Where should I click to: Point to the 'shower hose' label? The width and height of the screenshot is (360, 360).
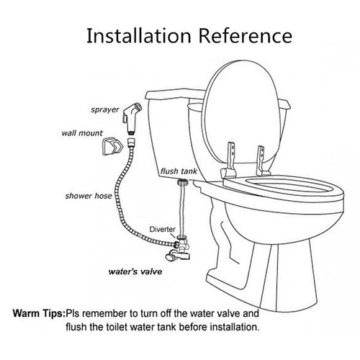(86, 195)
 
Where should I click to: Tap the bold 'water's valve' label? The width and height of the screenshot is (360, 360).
(132, 273)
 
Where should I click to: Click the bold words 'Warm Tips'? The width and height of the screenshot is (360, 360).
(38, 314)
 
